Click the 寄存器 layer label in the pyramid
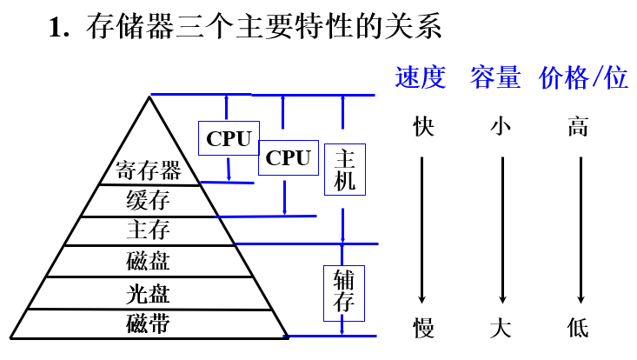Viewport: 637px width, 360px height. [x=148, y=169]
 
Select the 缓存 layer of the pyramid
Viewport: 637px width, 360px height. [x=148, y=200]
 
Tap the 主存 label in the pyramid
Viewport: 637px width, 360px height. [x=148, y=230]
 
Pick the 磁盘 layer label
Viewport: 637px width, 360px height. [x=148, y=261]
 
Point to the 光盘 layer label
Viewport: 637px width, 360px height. [x=148, y=292]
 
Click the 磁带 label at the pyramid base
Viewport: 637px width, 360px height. [x=148, y=323]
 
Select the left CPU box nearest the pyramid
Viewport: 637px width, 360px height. [x=229, y=138]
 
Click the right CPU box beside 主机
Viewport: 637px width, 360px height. [x=288, y=157]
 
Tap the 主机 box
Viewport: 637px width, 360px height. [x=345, y=170]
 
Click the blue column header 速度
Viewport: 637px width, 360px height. [x=420, y=77]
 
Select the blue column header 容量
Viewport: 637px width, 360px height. [x=495, y=77]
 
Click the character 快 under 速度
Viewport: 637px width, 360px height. [x=423, y=127]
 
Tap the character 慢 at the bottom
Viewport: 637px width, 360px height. [x=423, y=328]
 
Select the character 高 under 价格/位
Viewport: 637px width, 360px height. [x=578, y=127]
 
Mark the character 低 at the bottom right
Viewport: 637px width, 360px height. [x=578, y=328]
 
